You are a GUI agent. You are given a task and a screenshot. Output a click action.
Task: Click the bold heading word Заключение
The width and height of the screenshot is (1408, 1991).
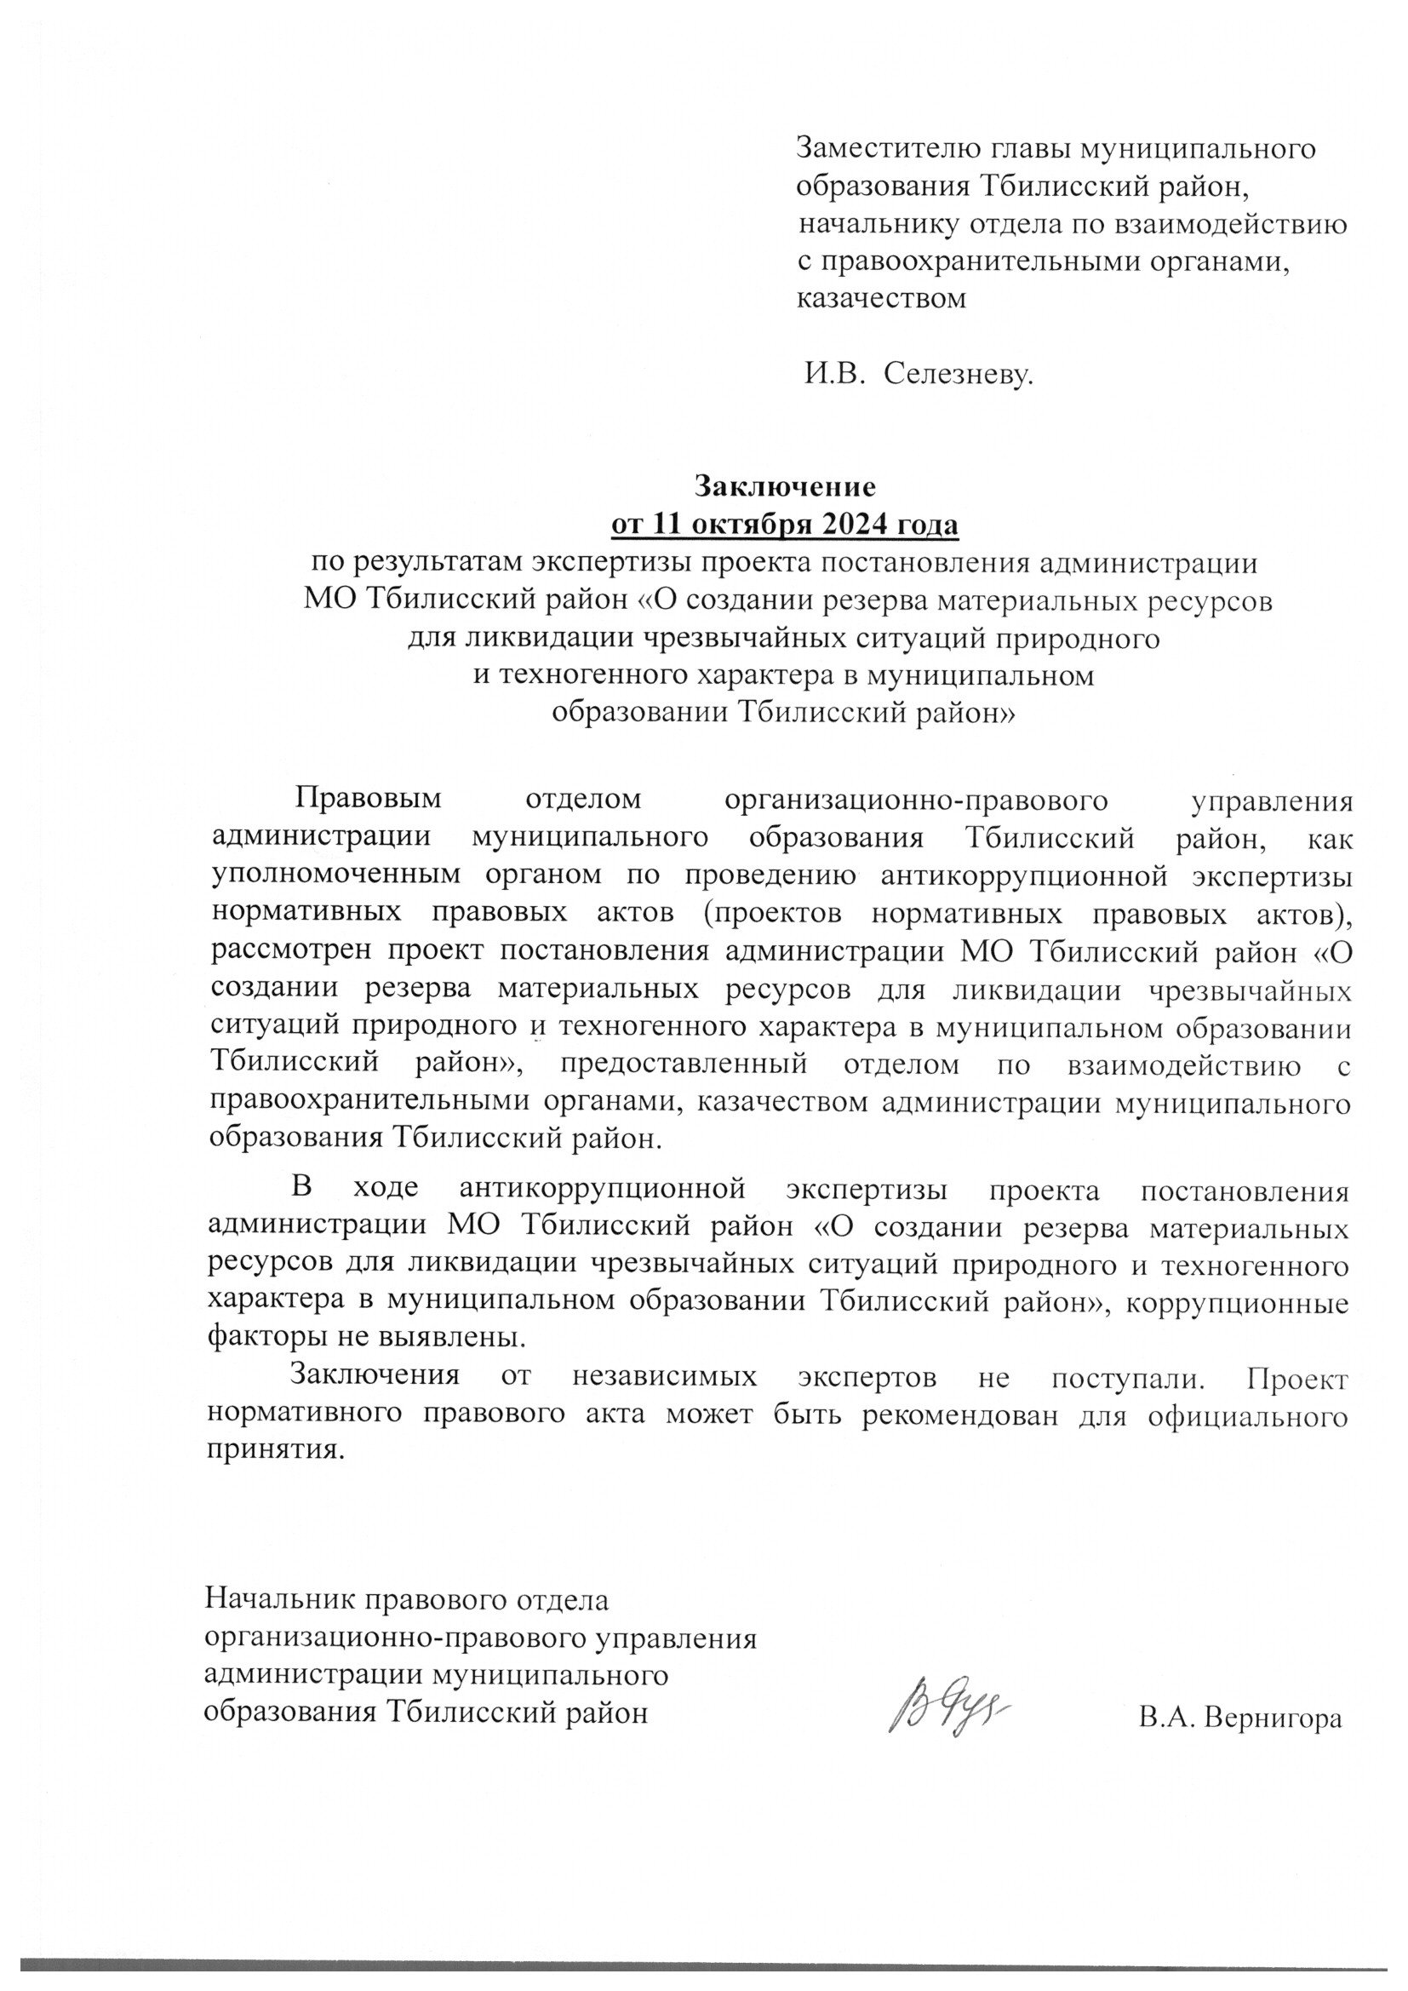[x=787, y=485]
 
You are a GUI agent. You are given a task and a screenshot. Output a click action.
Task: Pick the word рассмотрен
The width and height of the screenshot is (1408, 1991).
[x=289, y=950]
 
